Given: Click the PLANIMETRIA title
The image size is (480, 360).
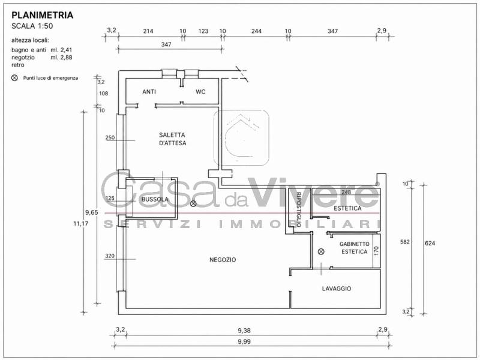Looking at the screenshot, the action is [42, 15].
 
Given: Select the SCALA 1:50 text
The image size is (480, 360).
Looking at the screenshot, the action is [32, 26].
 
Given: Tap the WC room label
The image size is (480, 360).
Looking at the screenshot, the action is [200, 92].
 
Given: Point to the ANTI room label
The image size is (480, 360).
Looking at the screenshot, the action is [149, 92].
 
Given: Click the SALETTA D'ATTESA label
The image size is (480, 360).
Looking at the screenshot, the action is [173, 139].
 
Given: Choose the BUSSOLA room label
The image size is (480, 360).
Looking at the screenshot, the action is [155, 199].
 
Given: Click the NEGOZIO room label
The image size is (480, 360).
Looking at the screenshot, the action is [223, 260].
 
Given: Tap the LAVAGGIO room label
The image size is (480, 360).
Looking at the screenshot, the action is [337, 289].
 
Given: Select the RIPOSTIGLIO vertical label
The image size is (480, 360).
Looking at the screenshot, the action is [299, 209].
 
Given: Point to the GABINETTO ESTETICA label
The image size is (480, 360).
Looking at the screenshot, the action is [355, 248].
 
